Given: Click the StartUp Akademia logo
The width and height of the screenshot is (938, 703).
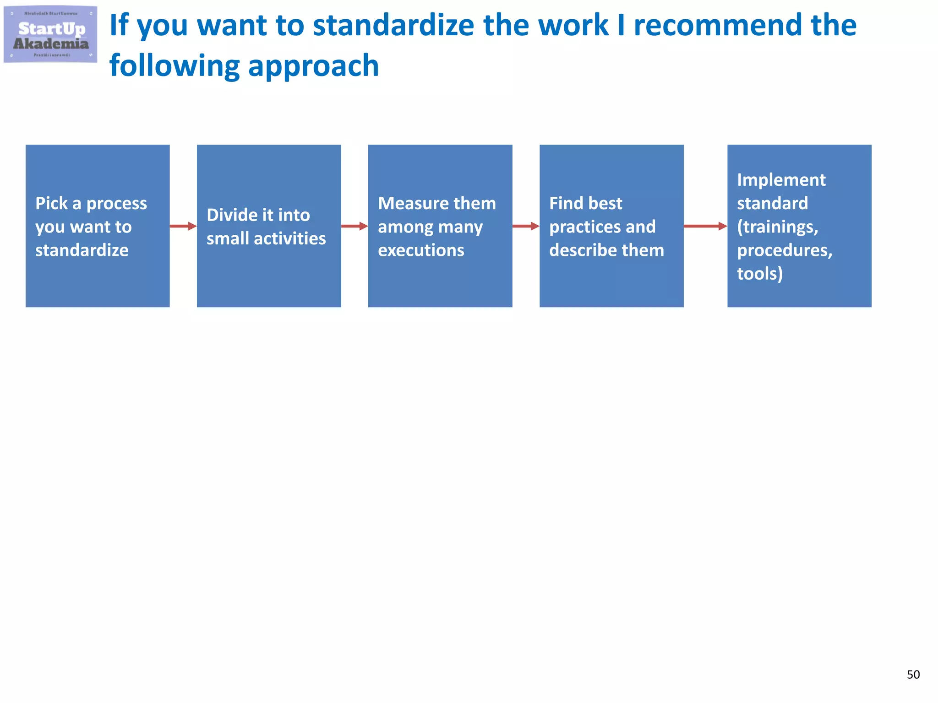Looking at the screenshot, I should pos(50,35).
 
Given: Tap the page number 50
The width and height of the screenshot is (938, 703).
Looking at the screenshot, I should pos(913,675).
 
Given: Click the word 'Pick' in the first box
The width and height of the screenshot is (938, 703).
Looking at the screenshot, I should pos(51,203).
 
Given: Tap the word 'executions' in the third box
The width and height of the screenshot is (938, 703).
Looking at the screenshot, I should pos(421,250).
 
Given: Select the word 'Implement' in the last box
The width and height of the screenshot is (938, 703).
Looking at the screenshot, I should pos(781,180).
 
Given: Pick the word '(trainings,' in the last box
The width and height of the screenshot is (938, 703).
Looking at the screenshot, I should pos(777,227).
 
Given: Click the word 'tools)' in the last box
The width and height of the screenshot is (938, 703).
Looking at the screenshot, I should pos(760,274).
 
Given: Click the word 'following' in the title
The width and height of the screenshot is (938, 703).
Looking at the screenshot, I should pos(174,66).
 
